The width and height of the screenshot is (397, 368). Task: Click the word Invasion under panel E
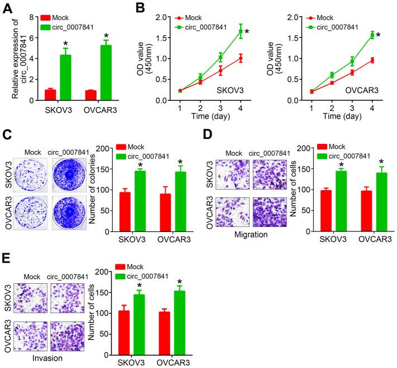[x=45, y=359]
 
